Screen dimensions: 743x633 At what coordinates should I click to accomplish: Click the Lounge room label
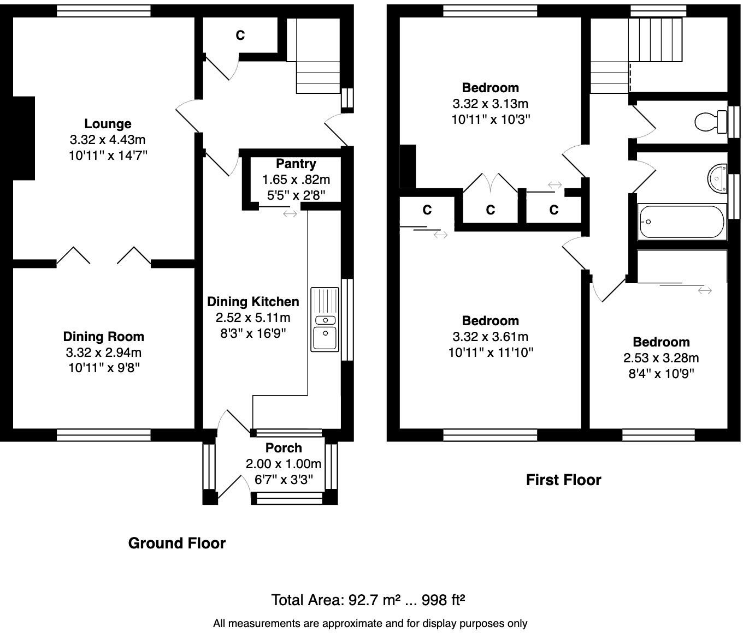click(108, 124)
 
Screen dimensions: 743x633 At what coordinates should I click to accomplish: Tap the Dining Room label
click(103, 337)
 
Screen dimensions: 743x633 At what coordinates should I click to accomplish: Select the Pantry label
click(296, 164)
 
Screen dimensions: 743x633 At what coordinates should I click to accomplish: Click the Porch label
click(284, 448)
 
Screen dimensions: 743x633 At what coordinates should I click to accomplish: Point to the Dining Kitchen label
click(253, 302)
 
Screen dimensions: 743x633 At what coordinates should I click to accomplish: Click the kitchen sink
click(325, 319)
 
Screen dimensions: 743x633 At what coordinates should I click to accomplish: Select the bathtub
click(682, 222)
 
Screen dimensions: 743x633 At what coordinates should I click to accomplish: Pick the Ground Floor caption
click(176, 543)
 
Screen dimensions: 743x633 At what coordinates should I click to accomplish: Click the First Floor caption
click(563, 480)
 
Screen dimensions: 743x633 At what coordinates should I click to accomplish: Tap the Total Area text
click(368, 600)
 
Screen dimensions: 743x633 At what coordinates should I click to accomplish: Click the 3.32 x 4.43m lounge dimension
click(108, 140)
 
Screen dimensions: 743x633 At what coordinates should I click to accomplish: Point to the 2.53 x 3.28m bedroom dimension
click(661, 358)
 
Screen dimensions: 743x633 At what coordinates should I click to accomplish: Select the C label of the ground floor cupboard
click(240, 35)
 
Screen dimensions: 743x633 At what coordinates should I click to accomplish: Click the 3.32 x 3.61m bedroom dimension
click(490, 337)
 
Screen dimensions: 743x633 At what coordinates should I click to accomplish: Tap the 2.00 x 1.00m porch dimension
click(284, 464)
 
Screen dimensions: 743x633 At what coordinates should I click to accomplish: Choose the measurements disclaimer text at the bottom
click(370, 623)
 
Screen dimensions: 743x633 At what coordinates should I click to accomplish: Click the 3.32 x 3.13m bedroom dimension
click(490, 104)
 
